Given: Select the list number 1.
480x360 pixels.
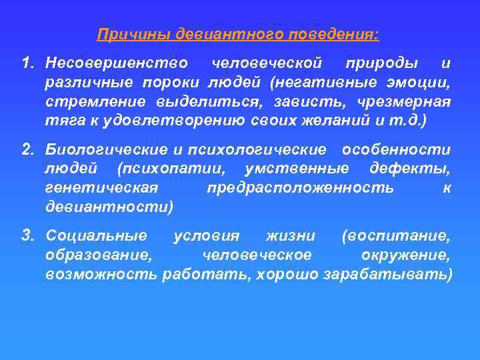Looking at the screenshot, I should point(27,63).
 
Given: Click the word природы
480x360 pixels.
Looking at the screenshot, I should point(382,63).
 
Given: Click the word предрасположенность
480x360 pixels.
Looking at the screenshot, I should point(300,188).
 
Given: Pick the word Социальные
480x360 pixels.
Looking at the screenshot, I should point(97,237).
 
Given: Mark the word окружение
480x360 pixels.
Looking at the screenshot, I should point(405,255).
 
